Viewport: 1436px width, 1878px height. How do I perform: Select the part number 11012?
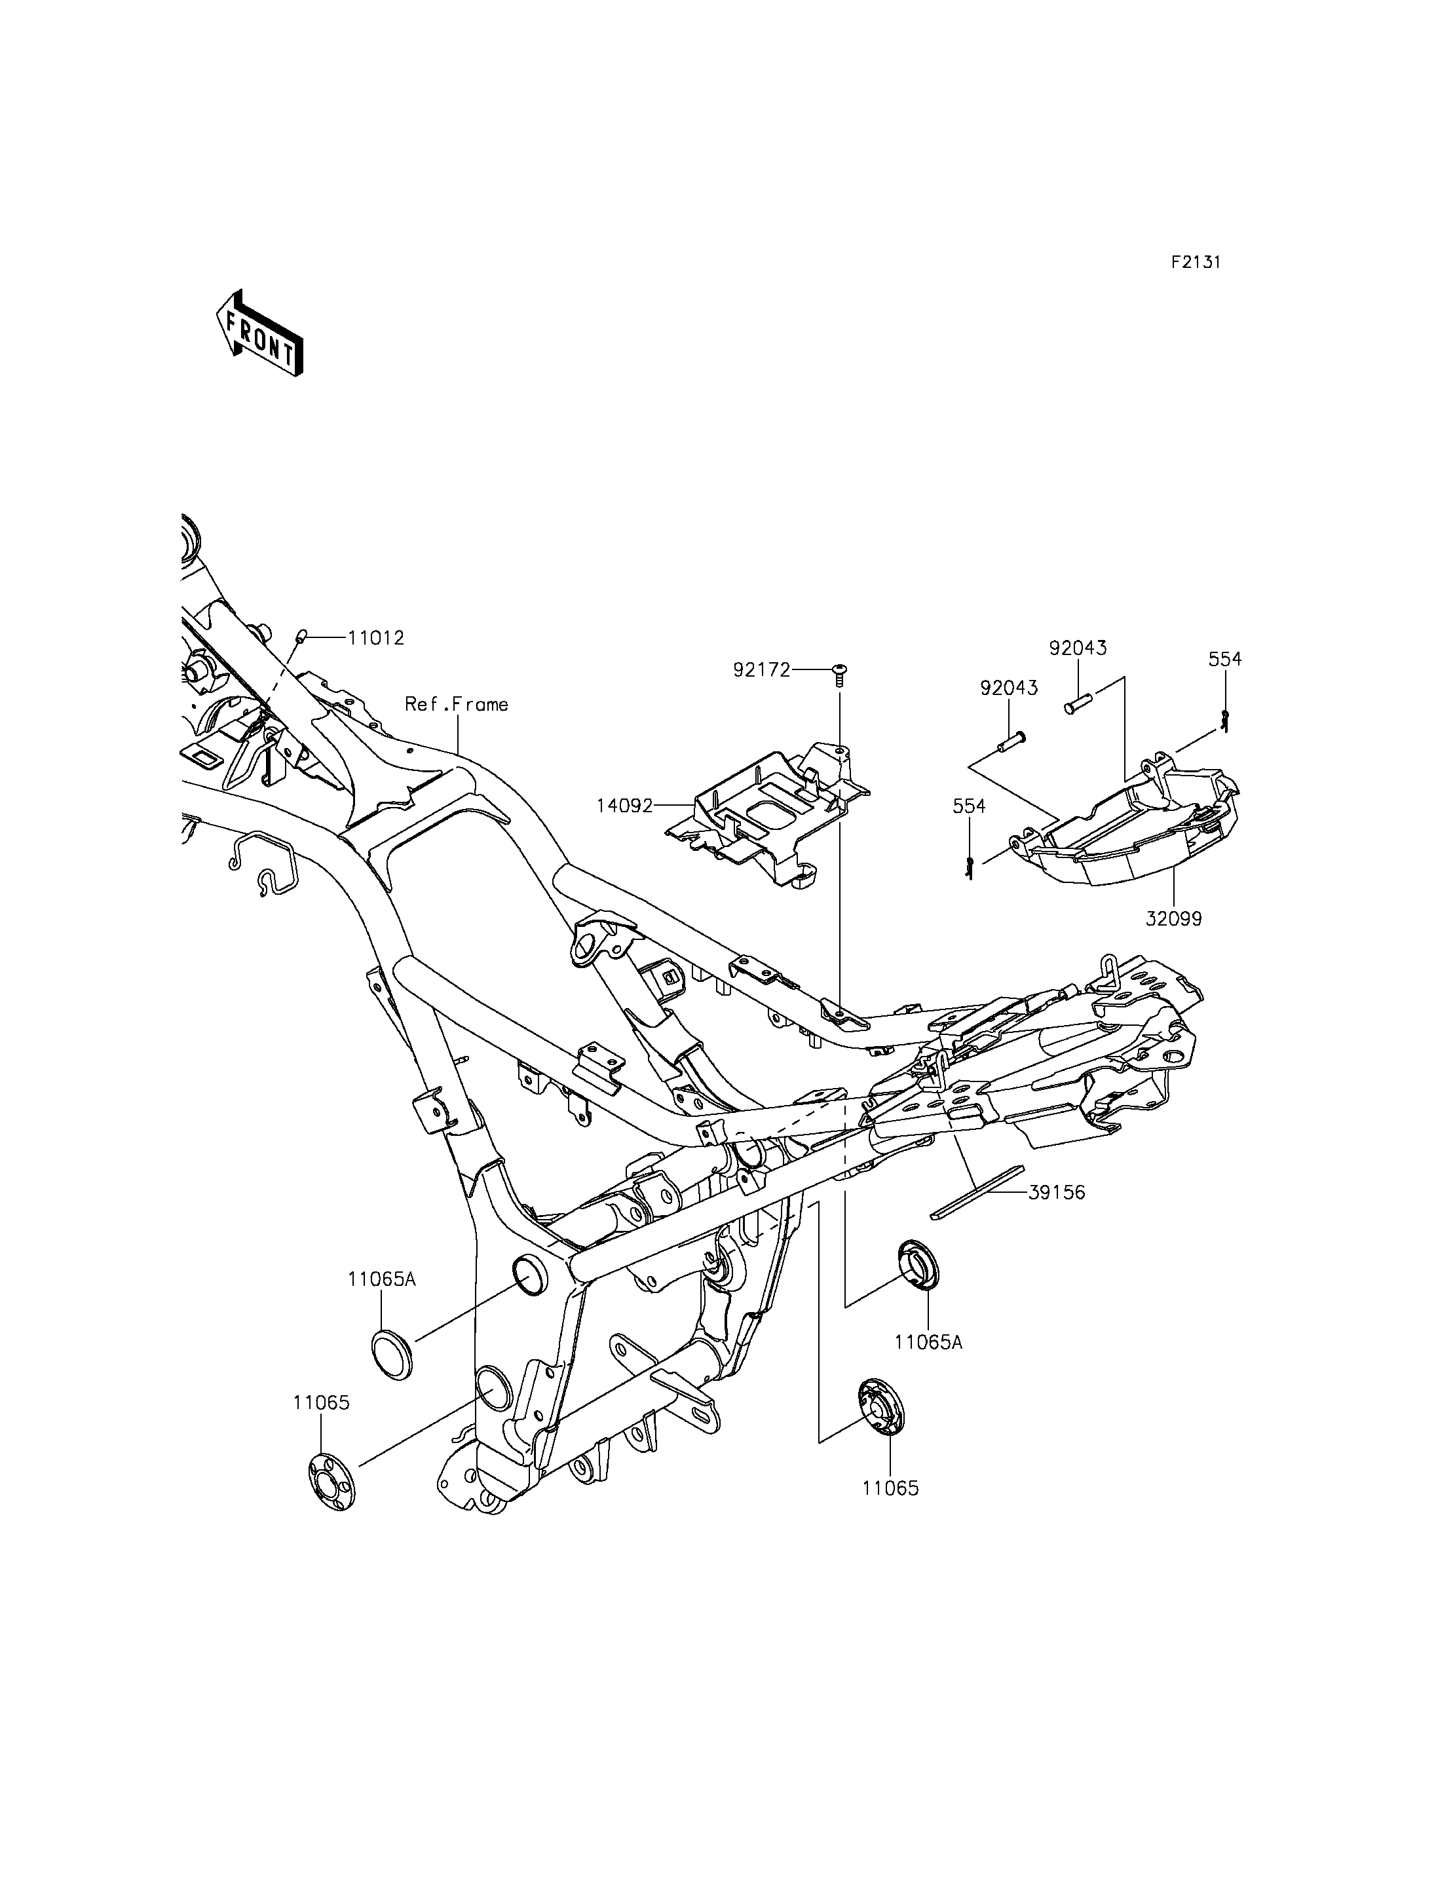coord(375,638)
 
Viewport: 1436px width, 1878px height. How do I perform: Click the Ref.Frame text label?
coord(457,704)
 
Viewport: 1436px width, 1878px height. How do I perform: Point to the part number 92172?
coord(762,670)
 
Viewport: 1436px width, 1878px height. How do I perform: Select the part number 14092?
coord(625,805)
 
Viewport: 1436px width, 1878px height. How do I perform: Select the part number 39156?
coord(1057,1192)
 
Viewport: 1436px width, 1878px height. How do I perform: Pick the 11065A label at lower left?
coord(381,1303)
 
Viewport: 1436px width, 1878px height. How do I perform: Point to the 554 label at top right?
coord(1225,659)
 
